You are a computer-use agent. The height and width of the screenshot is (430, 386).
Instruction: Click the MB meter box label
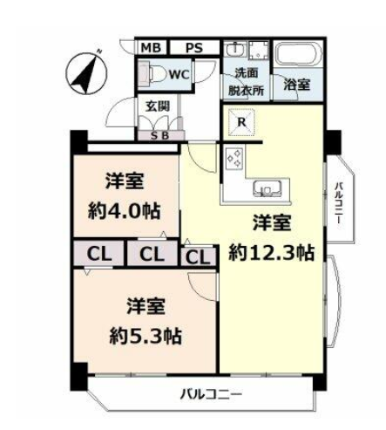(151, 48)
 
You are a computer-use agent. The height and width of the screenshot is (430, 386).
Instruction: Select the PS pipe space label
(194, 48)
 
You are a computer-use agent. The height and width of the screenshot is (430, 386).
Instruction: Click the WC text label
(179, 75)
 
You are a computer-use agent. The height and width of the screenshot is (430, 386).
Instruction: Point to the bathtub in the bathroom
(298, 54)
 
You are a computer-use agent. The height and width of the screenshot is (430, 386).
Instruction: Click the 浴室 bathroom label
(297, 85)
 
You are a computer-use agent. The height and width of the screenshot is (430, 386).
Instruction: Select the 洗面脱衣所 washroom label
(246, 82)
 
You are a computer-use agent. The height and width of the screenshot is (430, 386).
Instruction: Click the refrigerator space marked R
(241, 122)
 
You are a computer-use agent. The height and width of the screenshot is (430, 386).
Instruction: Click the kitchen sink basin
(267, 188)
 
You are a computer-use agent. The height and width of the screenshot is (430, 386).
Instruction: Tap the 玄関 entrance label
(157, 106)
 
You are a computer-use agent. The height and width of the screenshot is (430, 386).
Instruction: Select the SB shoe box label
(159, 135)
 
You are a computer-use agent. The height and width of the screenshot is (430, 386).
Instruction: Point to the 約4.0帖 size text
(124, 212)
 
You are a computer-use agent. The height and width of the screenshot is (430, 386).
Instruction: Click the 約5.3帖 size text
(146, 337)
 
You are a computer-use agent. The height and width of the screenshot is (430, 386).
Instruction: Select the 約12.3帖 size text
(271, 253)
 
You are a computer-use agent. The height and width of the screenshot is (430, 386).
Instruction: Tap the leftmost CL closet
(98, 253)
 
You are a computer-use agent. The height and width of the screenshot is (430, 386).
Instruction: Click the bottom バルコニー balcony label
(211, 394)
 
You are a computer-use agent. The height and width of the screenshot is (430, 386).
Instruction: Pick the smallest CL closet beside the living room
(198, 257)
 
